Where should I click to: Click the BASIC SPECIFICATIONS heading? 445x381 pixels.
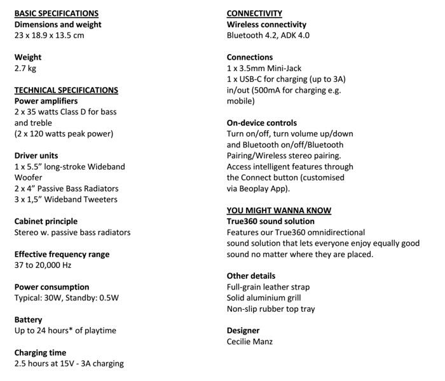point(56,13)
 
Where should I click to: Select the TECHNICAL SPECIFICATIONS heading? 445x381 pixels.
point(65,90)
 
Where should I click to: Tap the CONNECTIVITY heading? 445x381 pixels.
point(254,13)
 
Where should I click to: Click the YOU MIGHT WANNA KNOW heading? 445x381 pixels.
point(279,210)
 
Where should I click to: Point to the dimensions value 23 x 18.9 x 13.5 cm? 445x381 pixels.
point(49,36)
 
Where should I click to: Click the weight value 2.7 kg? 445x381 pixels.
point(26,68)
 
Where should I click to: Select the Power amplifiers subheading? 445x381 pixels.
point(46,101)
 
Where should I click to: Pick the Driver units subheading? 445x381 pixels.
point(36,156)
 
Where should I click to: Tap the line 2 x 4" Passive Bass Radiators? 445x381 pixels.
point(66,189)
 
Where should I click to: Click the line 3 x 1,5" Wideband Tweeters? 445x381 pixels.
point(65,199)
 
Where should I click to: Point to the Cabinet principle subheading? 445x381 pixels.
point(46,221)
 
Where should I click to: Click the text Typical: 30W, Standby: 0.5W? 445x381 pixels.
point(67,297)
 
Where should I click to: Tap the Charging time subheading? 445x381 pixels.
point(40,352)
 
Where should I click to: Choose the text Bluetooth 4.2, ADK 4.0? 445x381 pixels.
point(268,36)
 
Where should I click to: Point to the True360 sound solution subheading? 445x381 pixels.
point(270,221)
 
